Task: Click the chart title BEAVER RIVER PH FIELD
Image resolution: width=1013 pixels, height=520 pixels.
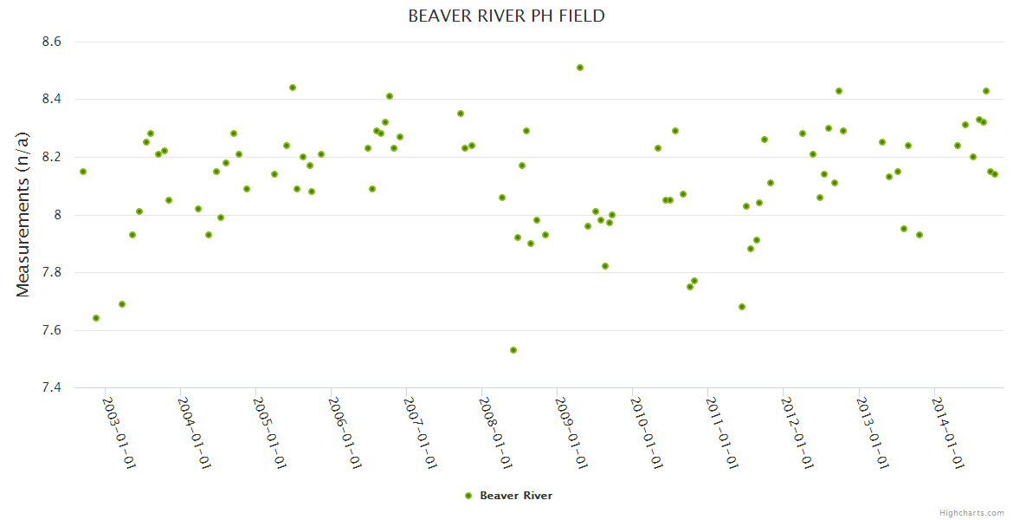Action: coord(506,16)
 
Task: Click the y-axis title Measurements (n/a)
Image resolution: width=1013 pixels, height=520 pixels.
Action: coord(23,215)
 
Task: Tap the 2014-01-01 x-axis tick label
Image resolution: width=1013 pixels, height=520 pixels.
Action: coord(947,432)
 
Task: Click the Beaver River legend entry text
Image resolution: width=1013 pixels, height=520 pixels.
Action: coord(516,496)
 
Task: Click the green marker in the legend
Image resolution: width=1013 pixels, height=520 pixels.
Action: coord(468,496)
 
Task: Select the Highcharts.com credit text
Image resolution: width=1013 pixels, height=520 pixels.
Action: coord(971,513)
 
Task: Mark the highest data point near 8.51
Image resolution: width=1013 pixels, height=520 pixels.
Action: coord(580,68)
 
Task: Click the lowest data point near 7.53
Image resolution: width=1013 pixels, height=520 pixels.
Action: coord(513,350)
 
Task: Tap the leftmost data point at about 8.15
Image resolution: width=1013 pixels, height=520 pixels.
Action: coord(83,172)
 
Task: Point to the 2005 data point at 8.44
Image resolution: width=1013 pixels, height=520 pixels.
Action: coord(293,88)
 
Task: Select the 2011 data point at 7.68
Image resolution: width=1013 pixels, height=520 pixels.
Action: coord(742,307)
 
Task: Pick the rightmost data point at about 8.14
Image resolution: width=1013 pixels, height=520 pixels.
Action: coord(995,174)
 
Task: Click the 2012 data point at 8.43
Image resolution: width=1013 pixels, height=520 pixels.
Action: coord(839,91)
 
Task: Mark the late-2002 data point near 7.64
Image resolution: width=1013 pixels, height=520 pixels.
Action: coord(96,318)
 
